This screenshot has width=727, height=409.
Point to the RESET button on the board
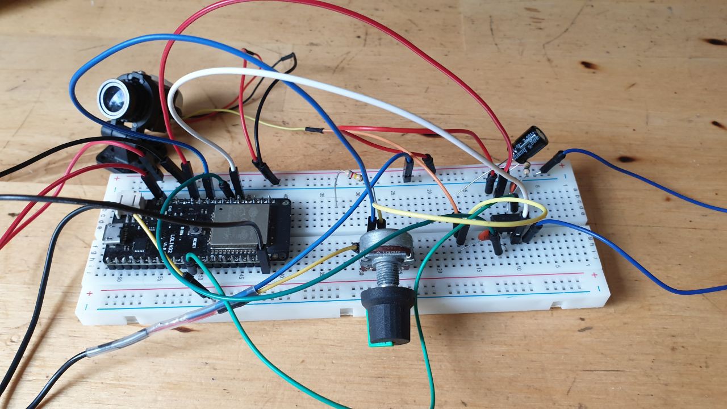pos(195,231)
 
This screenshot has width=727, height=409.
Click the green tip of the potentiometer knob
pos(382,343)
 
